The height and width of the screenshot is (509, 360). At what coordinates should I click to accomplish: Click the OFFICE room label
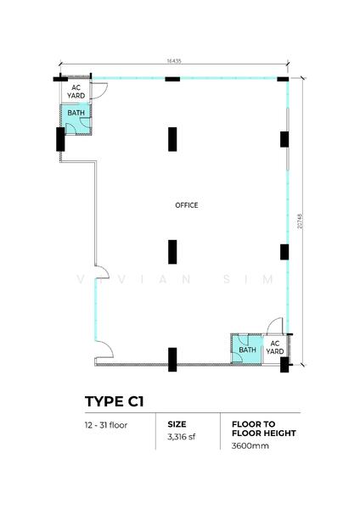point(187,205)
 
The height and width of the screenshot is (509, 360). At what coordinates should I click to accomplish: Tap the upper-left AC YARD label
point(76,92)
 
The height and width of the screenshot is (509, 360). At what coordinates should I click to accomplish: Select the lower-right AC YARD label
point(275,347)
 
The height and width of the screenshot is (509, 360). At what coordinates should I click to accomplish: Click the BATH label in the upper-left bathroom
point(76,113)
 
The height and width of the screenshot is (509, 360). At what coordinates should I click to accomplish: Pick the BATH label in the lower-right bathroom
point(248,350)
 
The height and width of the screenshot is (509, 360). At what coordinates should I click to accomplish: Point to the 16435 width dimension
point(174,61)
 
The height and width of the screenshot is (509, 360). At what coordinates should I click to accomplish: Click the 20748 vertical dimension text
point(300,221)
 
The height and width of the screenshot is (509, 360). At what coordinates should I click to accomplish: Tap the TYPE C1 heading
point(114,401)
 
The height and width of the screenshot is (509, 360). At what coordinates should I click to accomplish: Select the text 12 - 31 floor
point(106,425)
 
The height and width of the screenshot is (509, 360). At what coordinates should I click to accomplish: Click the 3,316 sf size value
point(182,437)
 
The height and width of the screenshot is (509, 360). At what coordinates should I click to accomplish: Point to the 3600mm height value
point(250,445)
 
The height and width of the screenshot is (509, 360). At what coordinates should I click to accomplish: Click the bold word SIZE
point(177,424)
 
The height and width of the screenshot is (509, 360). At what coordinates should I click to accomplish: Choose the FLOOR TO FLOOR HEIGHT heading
point(264,428)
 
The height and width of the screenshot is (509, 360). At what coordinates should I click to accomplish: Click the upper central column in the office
point(172,139)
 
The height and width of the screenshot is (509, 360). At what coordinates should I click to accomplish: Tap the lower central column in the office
point(172,252)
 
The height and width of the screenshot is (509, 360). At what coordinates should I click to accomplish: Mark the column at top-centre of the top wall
point(172,79)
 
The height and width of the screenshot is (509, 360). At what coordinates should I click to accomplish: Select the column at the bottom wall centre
point(172,360)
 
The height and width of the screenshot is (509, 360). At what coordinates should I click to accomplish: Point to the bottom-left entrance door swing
point(109,347)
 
